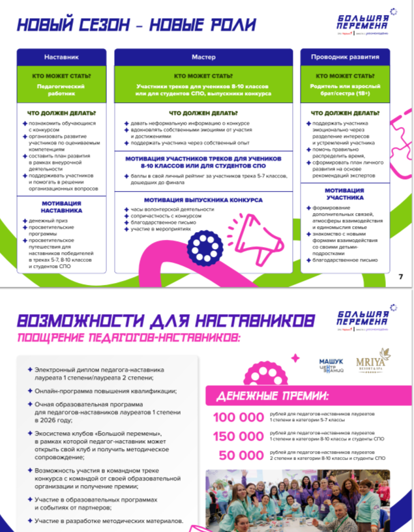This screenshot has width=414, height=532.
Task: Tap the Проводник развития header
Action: [341, 57]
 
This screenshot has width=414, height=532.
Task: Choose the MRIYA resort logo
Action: [373, 362]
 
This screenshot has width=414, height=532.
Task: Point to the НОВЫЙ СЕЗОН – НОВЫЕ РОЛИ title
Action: [136, 25]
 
